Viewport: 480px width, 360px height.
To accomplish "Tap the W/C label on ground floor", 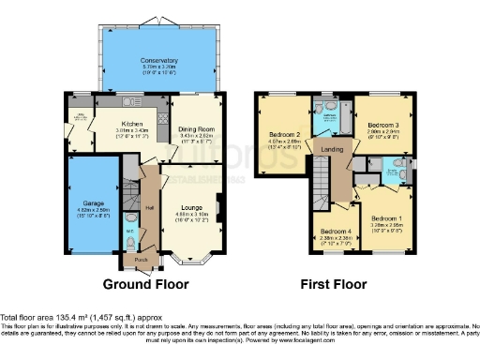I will (x=129, y=230).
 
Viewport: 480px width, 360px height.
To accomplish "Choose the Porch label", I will (x=141, y=260).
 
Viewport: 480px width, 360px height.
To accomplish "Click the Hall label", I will (x=149, y=208).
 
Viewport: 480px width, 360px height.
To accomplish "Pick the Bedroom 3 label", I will (x=383, y=125).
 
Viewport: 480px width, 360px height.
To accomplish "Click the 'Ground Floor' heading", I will (x=145, y=283).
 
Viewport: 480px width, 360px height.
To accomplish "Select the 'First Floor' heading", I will (x=331, y=283).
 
